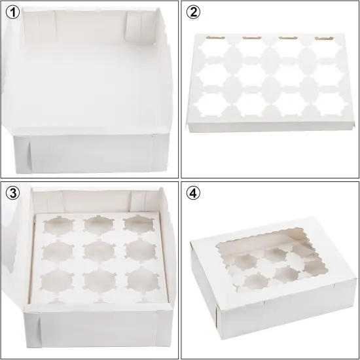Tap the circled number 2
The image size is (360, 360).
(x=194, y=12)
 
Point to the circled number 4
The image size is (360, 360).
(x=194, y=194)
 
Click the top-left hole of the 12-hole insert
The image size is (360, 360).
(x=214, y=48)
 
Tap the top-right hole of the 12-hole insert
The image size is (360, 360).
(x=322, y=50)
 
